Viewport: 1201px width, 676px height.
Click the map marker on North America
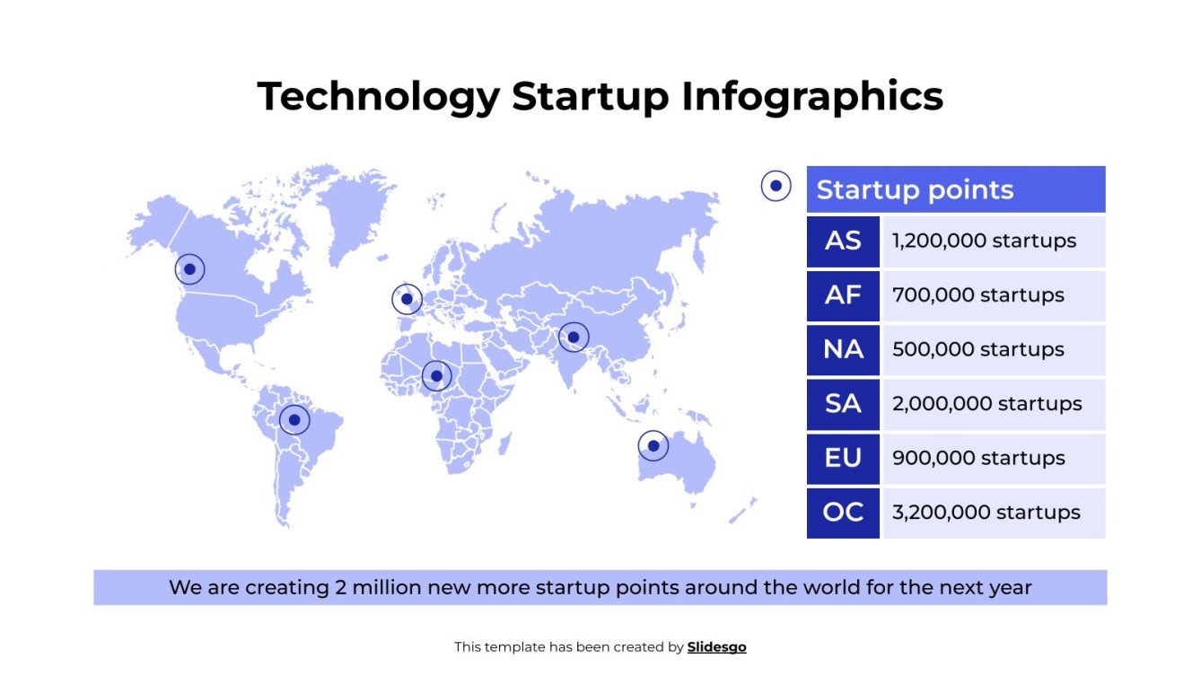click(189, 269)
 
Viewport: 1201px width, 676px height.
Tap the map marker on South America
click(294, 419)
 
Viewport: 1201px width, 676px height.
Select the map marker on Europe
click(407, 299)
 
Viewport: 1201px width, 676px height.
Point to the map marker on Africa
click(436, 375)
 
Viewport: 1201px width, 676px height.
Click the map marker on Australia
click(653, 445)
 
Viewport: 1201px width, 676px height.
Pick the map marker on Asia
click(574, 338)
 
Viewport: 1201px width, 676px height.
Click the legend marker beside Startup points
click(776, 187)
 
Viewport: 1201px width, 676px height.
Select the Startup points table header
click(955, 189)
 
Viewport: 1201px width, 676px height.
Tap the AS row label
click(842, 241)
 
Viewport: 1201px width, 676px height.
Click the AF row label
click(842, 295)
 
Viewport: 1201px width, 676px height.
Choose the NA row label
click(842, 350)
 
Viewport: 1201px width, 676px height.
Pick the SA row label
click(842, 404)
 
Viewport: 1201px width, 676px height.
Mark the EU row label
click(842, 459)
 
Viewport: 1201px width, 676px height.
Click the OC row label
click(842, 513)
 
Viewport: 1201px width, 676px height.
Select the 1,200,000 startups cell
click(993, 241)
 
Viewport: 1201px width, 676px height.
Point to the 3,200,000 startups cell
click(993, 513)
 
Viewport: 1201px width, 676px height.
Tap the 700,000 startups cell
click(993, 295)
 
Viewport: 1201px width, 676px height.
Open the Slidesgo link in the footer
click(716, 646)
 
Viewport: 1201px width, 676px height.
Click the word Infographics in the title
click(812, 96)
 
